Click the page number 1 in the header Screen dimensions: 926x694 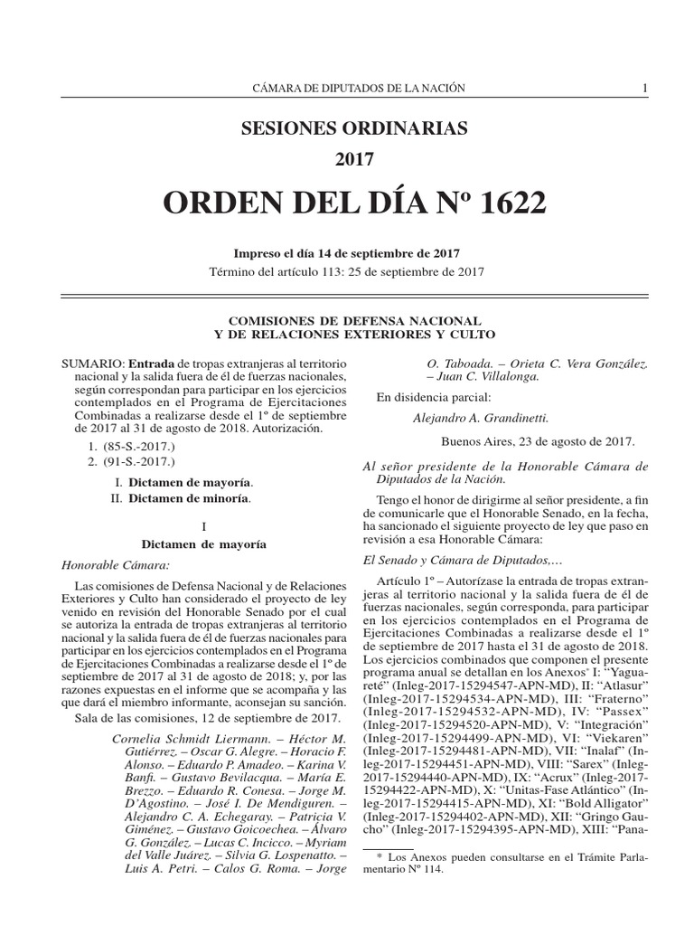(644, 88)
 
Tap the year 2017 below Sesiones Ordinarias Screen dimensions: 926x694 (354, 161)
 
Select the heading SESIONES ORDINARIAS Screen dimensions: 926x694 (354, 128)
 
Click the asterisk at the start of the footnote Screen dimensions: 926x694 (380, 855)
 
